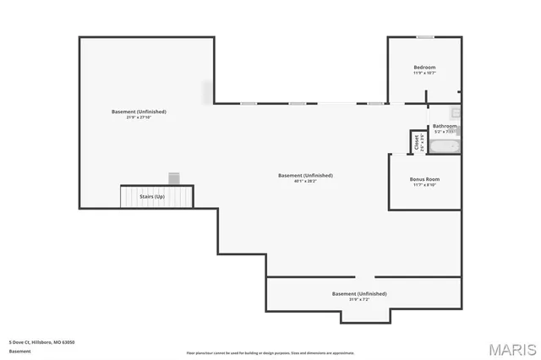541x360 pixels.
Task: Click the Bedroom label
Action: point(424,68)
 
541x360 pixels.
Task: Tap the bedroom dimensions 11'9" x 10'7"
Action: point(424,74)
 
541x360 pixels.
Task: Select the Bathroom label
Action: point(445,126)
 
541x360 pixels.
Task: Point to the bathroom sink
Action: point(455,112)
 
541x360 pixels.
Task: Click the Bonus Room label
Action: point(424,179)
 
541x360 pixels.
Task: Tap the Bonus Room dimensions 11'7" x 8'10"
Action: point(424,185)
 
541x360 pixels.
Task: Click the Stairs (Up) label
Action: point(152,197)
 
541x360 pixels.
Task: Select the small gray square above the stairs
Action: point(174,177)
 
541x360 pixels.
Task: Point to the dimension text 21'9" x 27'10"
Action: point(139,117)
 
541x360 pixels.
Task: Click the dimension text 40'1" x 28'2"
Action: point(305,181)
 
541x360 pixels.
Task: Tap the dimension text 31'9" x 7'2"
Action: point(358,299)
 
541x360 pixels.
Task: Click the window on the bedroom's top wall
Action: point(425,37)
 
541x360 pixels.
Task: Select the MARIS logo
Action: point(506,348)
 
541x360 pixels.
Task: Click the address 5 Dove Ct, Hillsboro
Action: point(41,342)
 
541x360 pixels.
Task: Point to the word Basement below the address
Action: point(19,350)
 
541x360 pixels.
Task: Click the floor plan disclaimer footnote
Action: point(270,353)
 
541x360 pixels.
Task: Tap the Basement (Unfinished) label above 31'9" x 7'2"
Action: point(358,293)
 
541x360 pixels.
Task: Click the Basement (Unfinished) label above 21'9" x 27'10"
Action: point(139,112)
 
